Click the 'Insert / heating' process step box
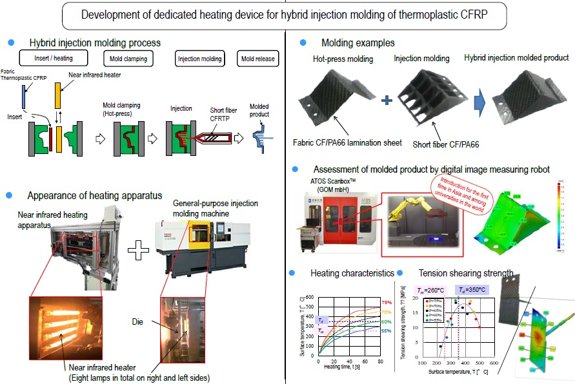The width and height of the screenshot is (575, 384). point(54,59)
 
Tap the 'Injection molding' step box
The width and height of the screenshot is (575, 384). point(199,59)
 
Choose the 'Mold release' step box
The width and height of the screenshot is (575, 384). point(257,59)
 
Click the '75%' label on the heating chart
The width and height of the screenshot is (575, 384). point(386,302)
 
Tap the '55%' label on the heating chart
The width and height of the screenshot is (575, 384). point(386,331)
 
